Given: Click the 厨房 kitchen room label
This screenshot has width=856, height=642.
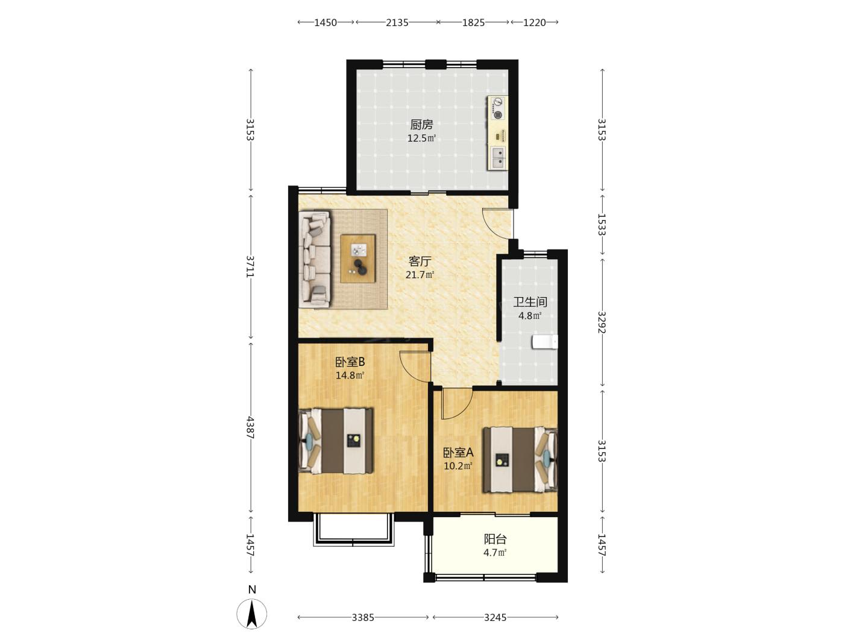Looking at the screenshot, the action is pos(421,125).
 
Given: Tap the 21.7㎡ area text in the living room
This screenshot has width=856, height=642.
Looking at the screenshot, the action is pos(420,275).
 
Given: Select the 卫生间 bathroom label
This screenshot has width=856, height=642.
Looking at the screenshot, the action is pos(530,301).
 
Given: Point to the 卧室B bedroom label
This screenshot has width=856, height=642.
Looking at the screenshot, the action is pos(350,362).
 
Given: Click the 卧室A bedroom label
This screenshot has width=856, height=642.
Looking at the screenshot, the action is pos(458,453).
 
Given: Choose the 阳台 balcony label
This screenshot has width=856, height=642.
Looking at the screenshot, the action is pos(495,539).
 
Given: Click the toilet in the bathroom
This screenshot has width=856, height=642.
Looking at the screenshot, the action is pos(545,342).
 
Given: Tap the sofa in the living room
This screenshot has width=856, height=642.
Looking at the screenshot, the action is pos(315,259).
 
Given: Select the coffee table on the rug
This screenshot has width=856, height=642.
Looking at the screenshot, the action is pos(358,258).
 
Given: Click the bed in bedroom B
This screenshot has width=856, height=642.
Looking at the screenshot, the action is pos(336,441).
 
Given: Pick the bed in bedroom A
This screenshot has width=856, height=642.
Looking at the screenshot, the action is pos(520,459).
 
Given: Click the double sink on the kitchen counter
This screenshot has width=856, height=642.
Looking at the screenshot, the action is pos(498,157).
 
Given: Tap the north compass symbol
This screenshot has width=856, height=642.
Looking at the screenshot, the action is pos(252,614).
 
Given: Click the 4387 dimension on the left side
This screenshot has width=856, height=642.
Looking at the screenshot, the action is pos(251,427).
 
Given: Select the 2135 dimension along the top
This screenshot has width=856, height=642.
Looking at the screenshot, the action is pos(397,23).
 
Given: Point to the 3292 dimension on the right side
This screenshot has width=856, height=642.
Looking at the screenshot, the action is pos(602,322).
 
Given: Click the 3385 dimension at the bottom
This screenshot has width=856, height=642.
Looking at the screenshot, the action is pos(363,617).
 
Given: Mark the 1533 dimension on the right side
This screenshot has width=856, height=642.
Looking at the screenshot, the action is pos(602,224).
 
